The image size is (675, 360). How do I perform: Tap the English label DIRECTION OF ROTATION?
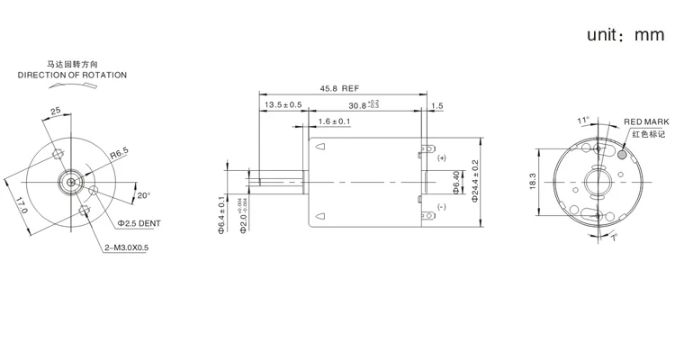[x=72, y=76]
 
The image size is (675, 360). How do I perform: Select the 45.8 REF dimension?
[x=339, y=88]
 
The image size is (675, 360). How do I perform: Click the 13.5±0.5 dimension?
[x=283, y=106]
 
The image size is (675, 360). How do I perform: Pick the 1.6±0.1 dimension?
[x=334, y=121]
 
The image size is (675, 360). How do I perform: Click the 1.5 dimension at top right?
[x=437, y=106]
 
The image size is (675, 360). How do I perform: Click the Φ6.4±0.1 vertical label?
[x=220, y=214]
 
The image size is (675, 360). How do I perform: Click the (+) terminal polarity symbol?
[x=442, y=157]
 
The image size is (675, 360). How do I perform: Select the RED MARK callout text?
[x=646, y=121]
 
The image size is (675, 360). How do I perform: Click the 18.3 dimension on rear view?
[x=533, y=181]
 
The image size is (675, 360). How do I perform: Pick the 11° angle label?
[x=582, y=119]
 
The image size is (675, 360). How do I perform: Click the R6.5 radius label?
[x=120, y=155]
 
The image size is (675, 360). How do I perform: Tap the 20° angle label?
[x=143, y=195]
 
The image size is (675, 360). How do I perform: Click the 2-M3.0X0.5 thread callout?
[x=129, y=247]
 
